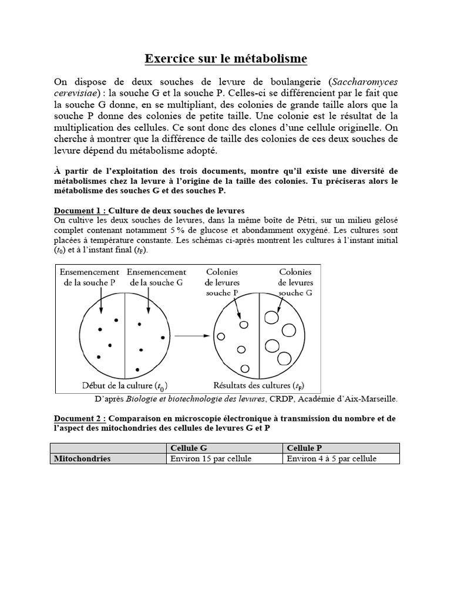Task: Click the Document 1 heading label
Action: [80, 210]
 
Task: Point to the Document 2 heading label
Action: [80, 418]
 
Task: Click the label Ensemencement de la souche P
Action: [89, 277]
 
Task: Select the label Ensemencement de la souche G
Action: [156, 277]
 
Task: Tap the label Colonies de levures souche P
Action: [223, 282]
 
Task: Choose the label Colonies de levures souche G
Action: [295, 282]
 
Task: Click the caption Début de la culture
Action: [124, 386]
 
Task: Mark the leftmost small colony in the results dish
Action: [221, 336]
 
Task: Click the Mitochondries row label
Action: [82, 458]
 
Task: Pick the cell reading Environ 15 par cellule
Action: [206, 458]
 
